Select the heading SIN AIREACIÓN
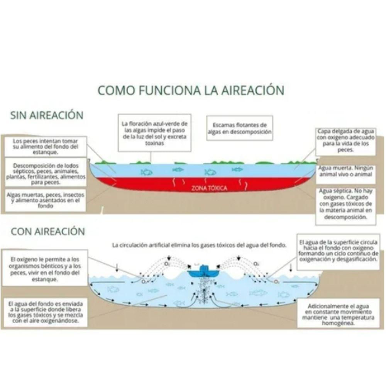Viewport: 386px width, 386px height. pyautogui.click(x=47, y=115)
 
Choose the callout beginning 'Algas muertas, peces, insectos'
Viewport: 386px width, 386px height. pyautogui.click(x=46, y=200)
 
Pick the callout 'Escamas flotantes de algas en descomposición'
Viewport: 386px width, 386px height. pyautogui.click(x=240, y=129)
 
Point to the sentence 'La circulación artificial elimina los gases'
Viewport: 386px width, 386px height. pyautogui.click(x=199, y=245)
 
